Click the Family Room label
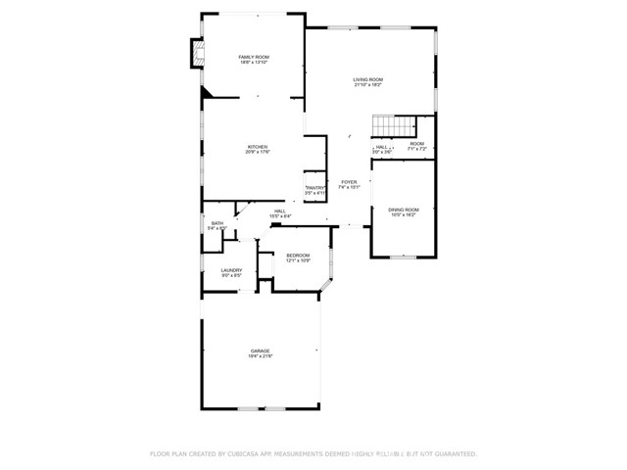(253, 57)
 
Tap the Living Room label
(368, 79)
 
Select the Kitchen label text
(258, 147)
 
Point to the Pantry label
(315, 188)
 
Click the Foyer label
(349, 182)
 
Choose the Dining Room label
(403, 210)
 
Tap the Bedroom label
(298, 256)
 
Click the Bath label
(217, 223)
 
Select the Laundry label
(231, 271)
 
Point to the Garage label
(260, 351)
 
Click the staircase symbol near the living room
(392, 127)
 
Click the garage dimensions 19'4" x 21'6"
(260, 355)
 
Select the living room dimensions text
(368, 85)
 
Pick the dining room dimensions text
(403, 214)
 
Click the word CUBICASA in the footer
(248, 454)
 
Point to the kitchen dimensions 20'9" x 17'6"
(258, 152)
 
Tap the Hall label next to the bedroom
(279, 211)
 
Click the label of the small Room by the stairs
(417, 144)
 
